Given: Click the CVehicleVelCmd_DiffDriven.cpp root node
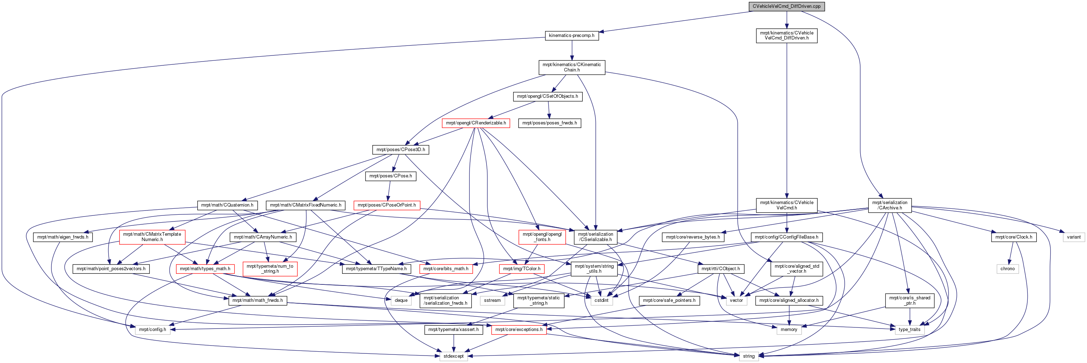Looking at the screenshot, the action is [786, 6].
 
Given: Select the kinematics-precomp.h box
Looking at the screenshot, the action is [571, 36].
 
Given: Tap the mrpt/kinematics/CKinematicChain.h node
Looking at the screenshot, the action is [572, 67].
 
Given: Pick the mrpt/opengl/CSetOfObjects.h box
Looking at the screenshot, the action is [547, 96].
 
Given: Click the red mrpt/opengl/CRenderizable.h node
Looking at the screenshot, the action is [476, 123].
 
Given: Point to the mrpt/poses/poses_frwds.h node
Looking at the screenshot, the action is [549, 123].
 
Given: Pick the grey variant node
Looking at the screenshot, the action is [1074, 237].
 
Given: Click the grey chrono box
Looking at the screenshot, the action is [1007, 269].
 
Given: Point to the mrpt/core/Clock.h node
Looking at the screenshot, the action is [1014, 237].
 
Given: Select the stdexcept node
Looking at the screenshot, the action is [454, 356].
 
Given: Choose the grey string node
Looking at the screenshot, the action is [748, 356].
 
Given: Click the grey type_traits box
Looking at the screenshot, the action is [909, 330].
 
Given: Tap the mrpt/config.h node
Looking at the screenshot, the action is [153, 330].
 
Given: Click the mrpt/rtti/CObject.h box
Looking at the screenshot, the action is [720, 269].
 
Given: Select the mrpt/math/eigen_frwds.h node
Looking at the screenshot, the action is [62, 237].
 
